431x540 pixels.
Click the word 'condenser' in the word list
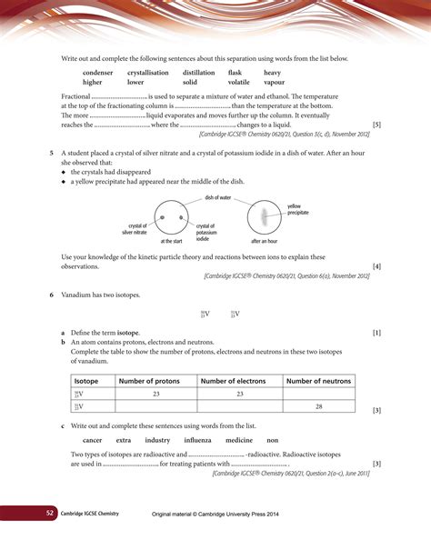pos(98,72)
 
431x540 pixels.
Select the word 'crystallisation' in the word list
pos(151,72)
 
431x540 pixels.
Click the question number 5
pos(52,155)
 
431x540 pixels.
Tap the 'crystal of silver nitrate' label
pos(133,229)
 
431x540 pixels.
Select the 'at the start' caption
pos(171,242)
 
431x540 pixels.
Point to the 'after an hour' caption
pos(265,242)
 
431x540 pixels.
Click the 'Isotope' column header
pos(86,382)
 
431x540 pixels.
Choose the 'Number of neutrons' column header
pos(317,382)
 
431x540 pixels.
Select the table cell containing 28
pos(317,406)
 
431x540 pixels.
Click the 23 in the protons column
pos(156,394)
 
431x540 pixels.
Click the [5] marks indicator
pos(376,125)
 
